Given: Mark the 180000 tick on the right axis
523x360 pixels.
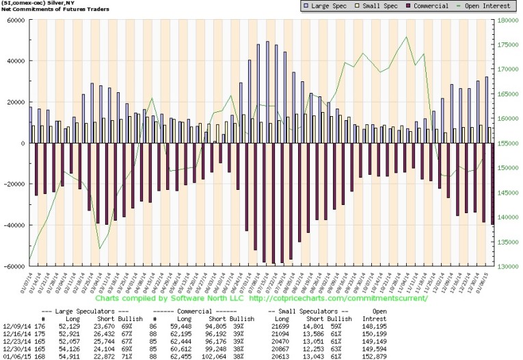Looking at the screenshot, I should click(507, 20).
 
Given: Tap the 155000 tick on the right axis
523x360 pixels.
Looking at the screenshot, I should click(507, 143).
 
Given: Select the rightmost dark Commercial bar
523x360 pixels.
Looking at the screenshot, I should click(491, 189).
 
